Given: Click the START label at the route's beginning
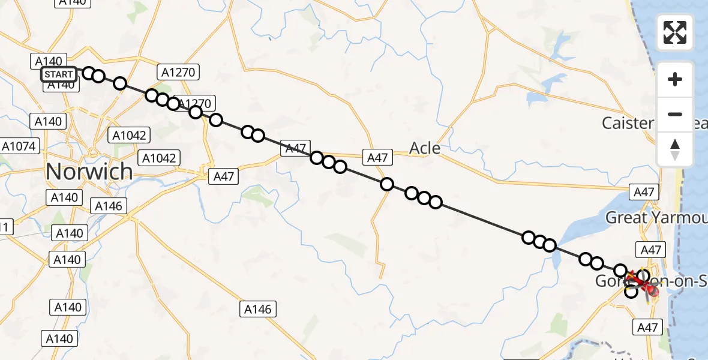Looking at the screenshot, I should tap(59, 74).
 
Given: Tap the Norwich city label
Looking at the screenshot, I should tap(89, 172).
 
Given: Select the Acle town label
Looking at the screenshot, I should tap(425, 148).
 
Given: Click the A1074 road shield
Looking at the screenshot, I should tap(19, 146).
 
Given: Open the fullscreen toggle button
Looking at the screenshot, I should tap(675, 32).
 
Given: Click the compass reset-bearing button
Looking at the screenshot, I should tap(675, 149).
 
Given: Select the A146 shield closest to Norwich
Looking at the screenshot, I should tap(109, 206).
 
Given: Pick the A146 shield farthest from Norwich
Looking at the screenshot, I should tap(259, 310).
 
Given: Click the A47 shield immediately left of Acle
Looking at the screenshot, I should tap(377, 158).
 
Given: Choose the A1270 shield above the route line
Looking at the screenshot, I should tap(178, 73).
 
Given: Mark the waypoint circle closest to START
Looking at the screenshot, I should tap(89, 73).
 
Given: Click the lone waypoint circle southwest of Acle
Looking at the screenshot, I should tap(387, 184).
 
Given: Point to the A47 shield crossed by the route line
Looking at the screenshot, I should tap(296, 148).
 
